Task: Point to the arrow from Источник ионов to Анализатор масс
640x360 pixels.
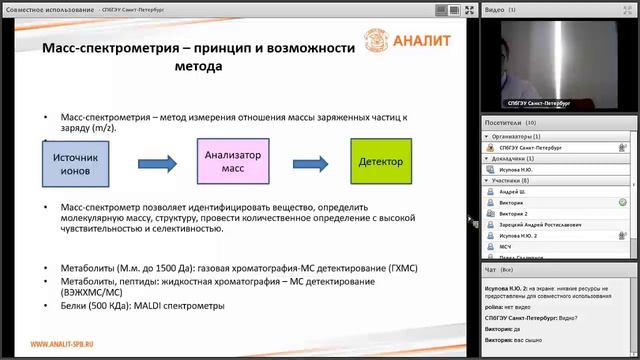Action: click(x=157, y=161)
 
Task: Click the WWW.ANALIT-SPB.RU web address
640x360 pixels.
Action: click(x=68, y=346)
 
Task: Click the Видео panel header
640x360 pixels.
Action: click(x=500, y=8)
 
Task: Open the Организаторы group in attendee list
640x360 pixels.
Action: click(x=519, y=136)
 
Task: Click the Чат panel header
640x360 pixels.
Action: click(x=491, y=269)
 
